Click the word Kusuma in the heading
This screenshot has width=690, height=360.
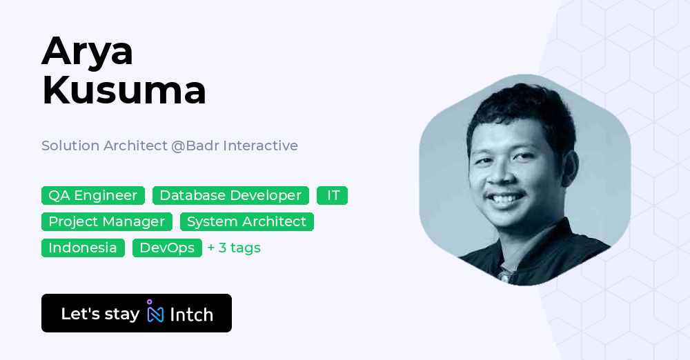pos(124,90)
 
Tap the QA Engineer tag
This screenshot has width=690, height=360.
pos(93,195)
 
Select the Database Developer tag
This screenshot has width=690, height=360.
pos(230,195)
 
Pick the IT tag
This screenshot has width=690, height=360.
pos(333,195)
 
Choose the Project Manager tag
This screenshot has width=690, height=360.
pos(107,221)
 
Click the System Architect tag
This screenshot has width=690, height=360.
pos(246,221)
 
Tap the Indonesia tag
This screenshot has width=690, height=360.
pos(83,248)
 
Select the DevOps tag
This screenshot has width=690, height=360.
pos(167,248)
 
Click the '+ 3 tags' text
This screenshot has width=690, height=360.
pos(234,248)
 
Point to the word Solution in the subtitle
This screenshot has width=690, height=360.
pos(70,146)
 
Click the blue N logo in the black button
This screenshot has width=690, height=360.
pos(155,312)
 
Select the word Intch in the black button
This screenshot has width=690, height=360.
pos(191,314)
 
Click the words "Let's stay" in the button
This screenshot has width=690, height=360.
pos(100,314)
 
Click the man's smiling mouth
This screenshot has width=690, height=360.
pos(508,201)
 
